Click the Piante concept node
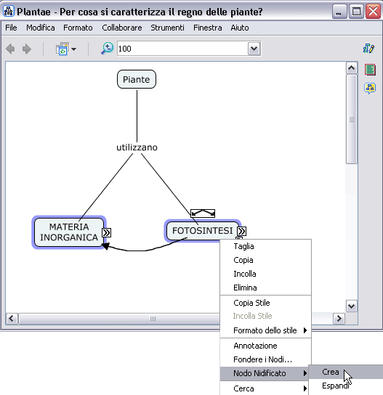[137, 79]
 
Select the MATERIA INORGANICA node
[69, 232]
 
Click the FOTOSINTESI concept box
[203, 230]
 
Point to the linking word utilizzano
[137, 147]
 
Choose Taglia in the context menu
[243, 246]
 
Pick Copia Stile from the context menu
[251, 303]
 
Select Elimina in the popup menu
[245, 288]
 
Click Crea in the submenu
[330, 372]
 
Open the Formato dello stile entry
[265, 330]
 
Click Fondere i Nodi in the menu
[263, 359]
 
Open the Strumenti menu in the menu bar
[167, 28]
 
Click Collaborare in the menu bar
[122, 28]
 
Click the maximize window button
[356, 12]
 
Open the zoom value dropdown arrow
[254, 49]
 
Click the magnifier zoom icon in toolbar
[107, 48]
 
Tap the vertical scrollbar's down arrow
[351, 306]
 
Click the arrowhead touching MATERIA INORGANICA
[105, 246]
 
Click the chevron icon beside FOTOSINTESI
[241, 231]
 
